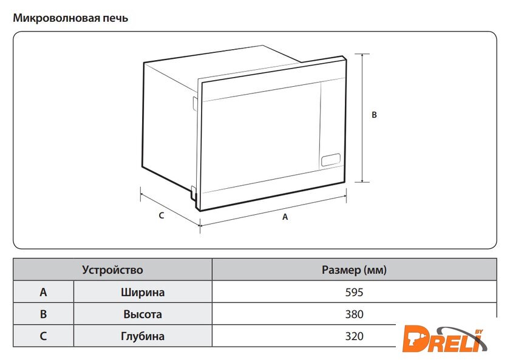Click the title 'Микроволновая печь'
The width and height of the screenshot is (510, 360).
click(x=70, y=18)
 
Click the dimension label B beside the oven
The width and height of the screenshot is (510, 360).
click(x=374, y=115)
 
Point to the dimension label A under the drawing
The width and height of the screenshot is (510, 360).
click(x=285, y=217)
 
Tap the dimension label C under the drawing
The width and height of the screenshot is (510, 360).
click(x=161, y=216)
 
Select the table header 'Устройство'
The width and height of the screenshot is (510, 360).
click(x=112, y=270)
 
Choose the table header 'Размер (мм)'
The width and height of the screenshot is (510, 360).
click(x=354, y=270)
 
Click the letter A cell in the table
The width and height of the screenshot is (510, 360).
click(x=43, y=292)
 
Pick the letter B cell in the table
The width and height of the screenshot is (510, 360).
click(x=43, y=314)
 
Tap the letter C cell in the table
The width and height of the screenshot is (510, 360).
click(x=43, y=336)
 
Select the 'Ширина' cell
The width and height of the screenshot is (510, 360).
click(x=143, y=292)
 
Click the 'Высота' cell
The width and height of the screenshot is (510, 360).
click(x=143, y=314)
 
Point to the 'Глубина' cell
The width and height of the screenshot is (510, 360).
click(x=143, y=336)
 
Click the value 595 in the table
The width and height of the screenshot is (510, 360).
click(x=354, y=292)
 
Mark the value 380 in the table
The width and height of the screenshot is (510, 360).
click(x=354, y=314)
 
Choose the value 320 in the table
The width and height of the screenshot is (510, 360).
click(x=354, y=336)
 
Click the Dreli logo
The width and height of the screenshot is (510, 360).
click(x=444, y=339)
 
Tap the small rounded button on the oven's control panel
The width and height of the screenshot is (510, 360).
click(x=331, y=160)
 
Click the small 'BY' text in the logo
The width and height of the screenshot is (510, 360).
click(x=479, y=331)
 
